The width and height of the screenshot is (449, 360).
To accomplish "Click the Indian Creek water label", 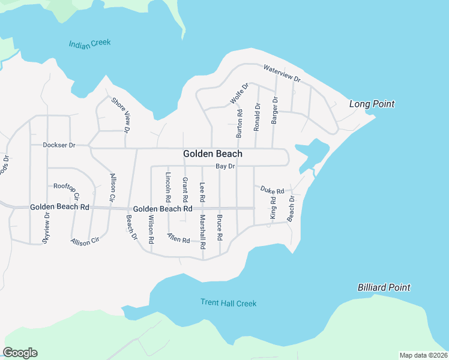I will click(x=90, y=44).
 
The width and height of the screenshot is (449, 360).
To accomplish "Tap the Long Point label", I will click(x=372, y=104).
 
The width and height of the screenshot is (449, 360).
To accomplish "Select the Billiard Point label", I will click(x=384, y=287).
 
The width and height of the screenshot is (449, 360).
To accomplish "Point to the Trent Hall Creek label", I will click(x=228, y=303).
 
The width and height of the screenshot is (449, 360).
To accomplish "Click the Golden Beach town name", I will click(x=212, y=154).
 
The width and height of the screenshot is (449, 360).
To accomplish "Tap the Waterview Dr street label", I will click(x=281, y=73).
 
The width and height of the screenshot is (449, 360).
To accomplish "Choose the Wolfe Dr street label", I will click(x=239, y=94).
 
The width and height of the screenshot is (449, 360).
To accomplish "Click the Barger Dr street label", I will click(x=274, y=110).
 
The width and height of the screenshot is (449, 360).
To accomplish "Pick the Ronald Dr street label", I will click(x=257, y=117).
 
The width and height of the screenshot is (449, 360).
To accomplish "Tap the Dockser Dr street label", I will click(x=59, y=145).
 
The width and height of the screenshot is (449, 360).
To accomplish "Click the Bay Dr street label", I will click(x=225, y=166).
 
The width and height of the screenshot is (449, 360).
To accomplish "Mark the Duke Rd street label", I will click(x=272, y=190).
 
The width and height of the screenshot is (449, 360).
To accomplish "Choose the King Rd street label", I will click(x=273, y=207).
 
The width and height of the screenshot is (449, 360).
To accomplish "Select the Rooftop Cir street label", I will click(x=67, y=190).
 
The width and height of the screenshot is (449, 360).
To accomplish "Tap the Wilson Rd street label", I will click(x=151, y=229).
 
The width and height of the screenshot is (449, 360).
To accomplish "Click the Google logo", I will click(x=20, y=353).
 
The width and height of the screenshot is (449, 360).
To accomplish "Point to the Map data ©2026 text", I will click(x=423, y=355).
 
